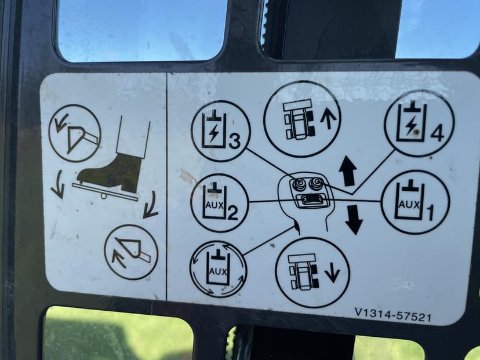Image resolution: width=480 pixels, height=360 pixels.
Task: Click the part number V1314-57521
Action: coord(393,315)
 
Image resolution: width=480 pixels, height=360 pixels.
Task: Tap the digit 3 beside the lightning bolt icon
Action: coord(234,141)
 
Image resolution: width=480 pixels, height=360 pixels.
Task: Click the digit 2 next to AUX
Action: coord(232,213)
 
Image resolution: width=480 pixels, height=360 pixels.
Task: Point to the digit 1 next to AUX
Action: coord(430,212)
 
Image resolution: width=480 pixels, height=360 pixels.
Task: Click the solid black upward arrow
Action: coord(348,171)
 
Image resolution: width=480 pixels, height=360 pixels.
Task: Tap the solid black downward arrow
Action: coord(354,220)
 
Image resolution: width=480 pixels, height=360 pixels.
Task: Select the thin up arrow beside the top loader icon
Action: coord(328,118)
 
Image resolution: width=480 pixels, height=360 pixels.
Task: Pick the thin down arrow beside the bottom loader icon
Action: coord(332,272)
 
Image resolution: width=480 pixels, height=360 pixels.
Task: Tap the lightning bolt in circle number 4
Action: coord(411,126)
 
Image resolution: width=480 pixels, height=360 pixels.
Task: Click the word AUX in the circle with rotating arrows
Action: coord(218,271)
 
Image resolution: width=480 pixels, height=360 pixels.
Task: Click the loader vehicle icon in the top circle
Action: coord(299,119)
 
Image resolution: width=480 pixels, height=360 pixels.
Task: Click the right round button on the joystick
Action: coord(315,183)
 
